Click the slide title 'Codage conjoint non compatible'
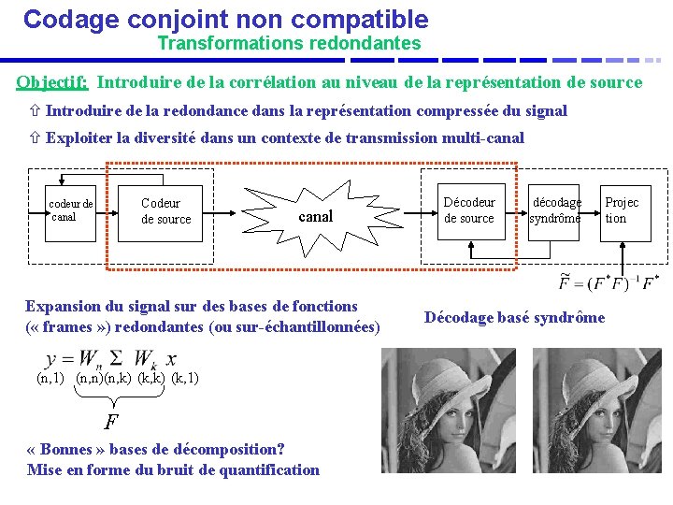[x=225, y=19]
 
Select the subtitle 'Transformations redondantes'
[x=289, y=43]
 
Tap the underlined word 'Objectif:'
[x=52, y=82]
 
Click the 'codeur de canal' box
[x=73, y=210]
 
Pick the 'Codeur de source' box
[x=165, y=211]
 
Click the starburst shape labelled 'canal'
[x=314, y=217]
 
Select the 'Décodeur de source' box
[x=469, y=210]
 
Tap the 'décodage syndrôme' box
[x=555, y=210]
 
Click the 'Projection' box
[x=622, y=210]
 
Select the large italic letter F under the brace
[x=111, y=421]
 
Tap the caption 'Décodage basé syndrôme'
[x=514, y=317]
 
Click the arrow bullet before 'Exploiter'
[x=34, y=138]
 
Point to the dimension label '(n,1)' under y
[x=50, y=379]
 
